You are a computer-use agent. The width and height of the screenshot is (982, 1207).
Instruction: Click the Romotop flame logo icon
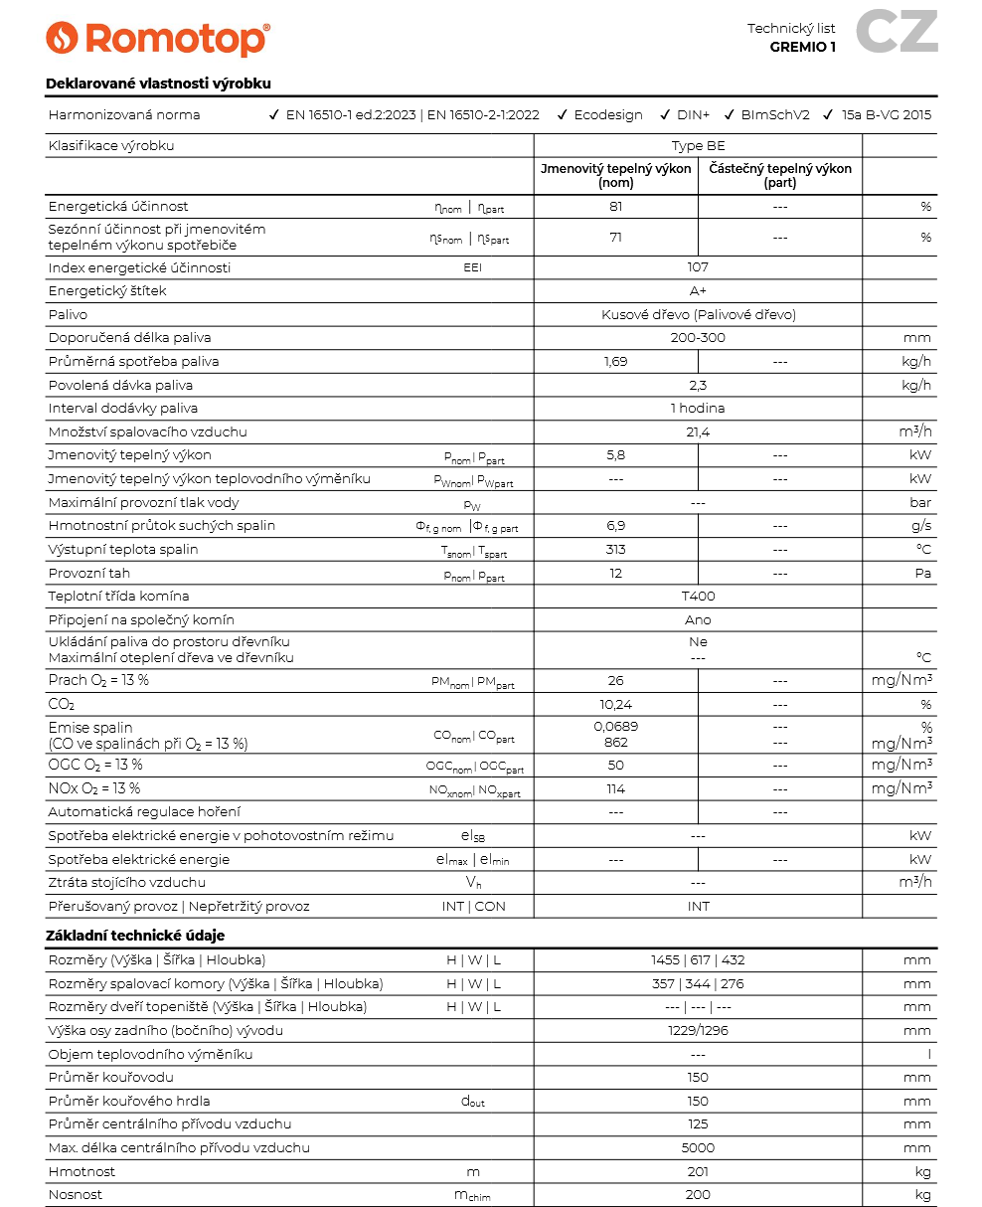(x=62, y=38)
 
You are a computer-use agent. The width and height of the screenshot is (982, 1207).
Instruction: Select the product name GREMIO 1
(x=802, y=46)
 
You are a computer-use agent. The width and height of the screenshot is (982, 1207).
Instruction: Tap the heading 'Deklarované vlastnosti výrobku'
(x=158, y=84)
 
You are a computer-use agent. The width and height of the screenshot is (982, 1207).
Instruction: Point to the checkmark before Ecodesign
(x=563, y=114)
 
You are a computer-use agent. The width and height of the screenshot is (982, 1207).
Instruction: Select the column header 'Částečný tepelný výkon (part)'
(x=780, y=176)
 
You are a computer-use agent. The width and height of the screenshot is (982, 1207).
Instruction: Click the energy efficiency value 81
(x=615, y=207)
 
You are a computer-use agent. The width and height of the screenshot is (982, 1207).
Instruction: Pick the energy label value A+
(x=698, y=291)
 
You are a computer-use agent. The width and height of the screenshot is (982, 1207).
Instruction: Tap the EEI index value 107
(x=698, y=267)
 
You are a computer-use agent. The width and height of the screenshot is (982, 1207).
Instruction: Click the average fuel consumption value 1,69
(x=615, y=361)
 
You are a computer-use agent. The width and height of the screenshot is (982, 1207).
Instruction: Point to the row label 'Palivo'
(x=68, y=314)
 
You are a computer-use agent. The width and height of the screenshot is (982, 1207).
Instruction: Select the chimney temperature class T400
(x=698, y=597)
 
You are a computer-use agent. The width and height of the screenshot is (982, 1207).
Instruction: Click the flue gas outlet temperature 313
(x=615, y=550)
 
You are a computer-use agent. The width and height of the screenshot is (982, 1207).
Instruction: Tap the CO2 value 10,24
(x=615, y=704)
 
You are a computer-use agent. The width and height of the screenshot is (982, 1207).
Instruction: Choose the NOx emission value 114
(x=615, y=788)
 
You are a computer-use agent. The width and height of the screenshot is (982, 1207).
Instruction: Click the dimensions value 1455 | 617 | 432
(x=698, y=960)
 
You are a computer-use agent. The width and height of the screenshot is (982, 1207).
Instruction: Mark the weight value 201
(x=698, y=1172)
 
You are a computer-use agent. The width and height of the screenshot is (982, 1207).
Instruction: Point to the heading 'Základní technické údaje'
(x=135, y=936)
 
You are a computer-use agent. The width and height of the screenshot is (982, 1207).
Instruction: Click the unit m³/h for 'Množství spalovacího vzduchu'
(x=914, y=431)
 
